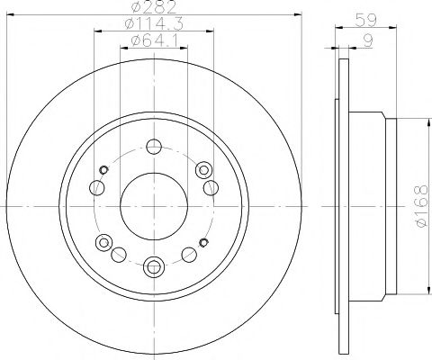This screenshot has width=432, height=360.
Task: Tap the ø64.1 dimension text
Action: pyautogui.click(x=154, y=42)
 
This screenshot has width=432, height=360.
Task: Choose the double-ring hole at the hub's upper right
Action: pyautogui.click(x=202, y=168)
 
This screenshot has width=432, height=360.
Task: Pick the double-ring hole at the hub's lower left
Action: pyautogui.click(x=105, y=241)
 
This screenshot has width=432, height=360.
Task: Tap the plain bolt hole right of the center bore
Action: pyautogui.click(x=211, y=186)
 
